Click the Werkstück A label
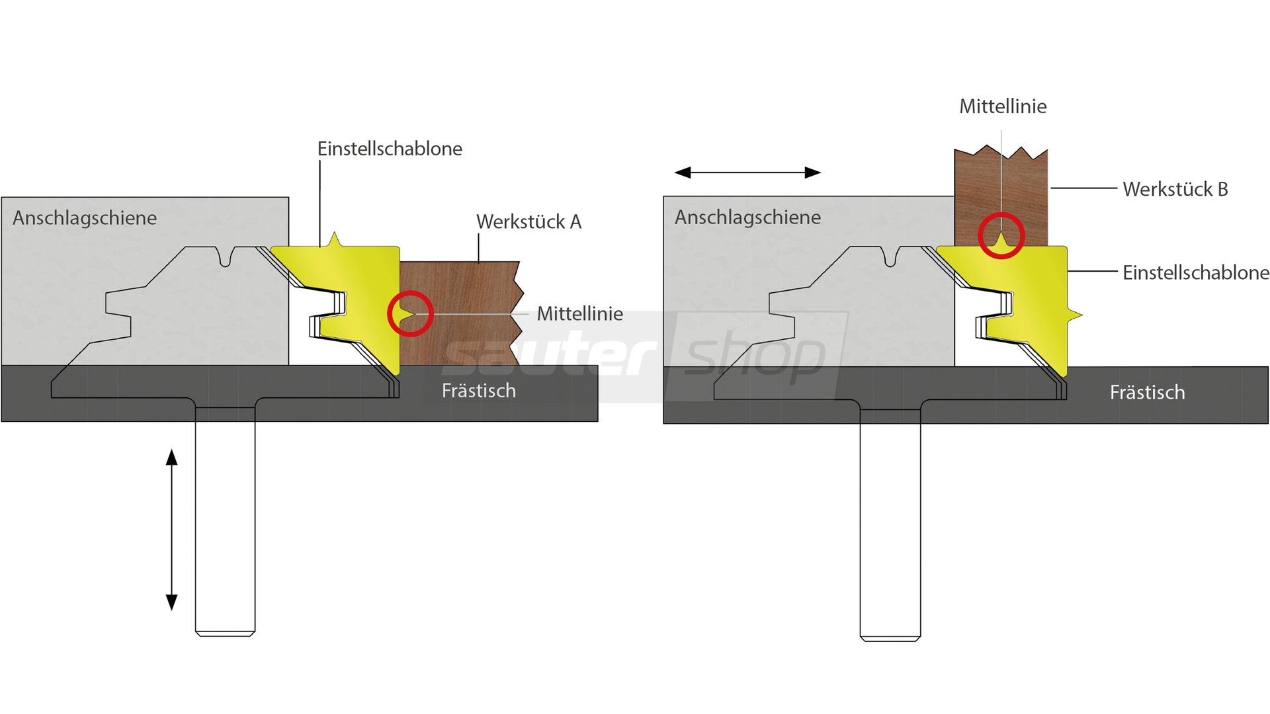click(529, 222)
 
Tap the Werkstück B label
click(1175, 190)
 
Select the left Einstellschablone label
click(390, 149)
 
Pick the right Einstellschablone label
click(1195, 272)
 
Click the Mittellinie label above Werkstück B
click(1003, 106)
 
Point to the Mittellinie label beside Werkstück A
click(579, 314)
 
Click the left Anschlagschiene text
click(85, 218)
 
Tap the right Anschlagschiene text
click(747, 218)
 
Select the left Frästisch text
click(478, 391)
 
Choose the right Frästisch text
click(1147, 393)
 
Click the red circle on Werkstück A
click(410, 314)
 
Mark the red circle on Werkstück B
click(1001, 236)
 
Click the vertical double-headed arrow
click(172, 530)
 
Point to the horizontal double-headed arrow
click(747, 173)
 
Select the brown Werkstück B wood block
click(1025, 192)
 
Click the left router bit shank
click(225, 522)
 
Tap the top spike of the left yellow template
click(335, 239)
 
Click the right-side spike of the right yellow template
click(1075, 315)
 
